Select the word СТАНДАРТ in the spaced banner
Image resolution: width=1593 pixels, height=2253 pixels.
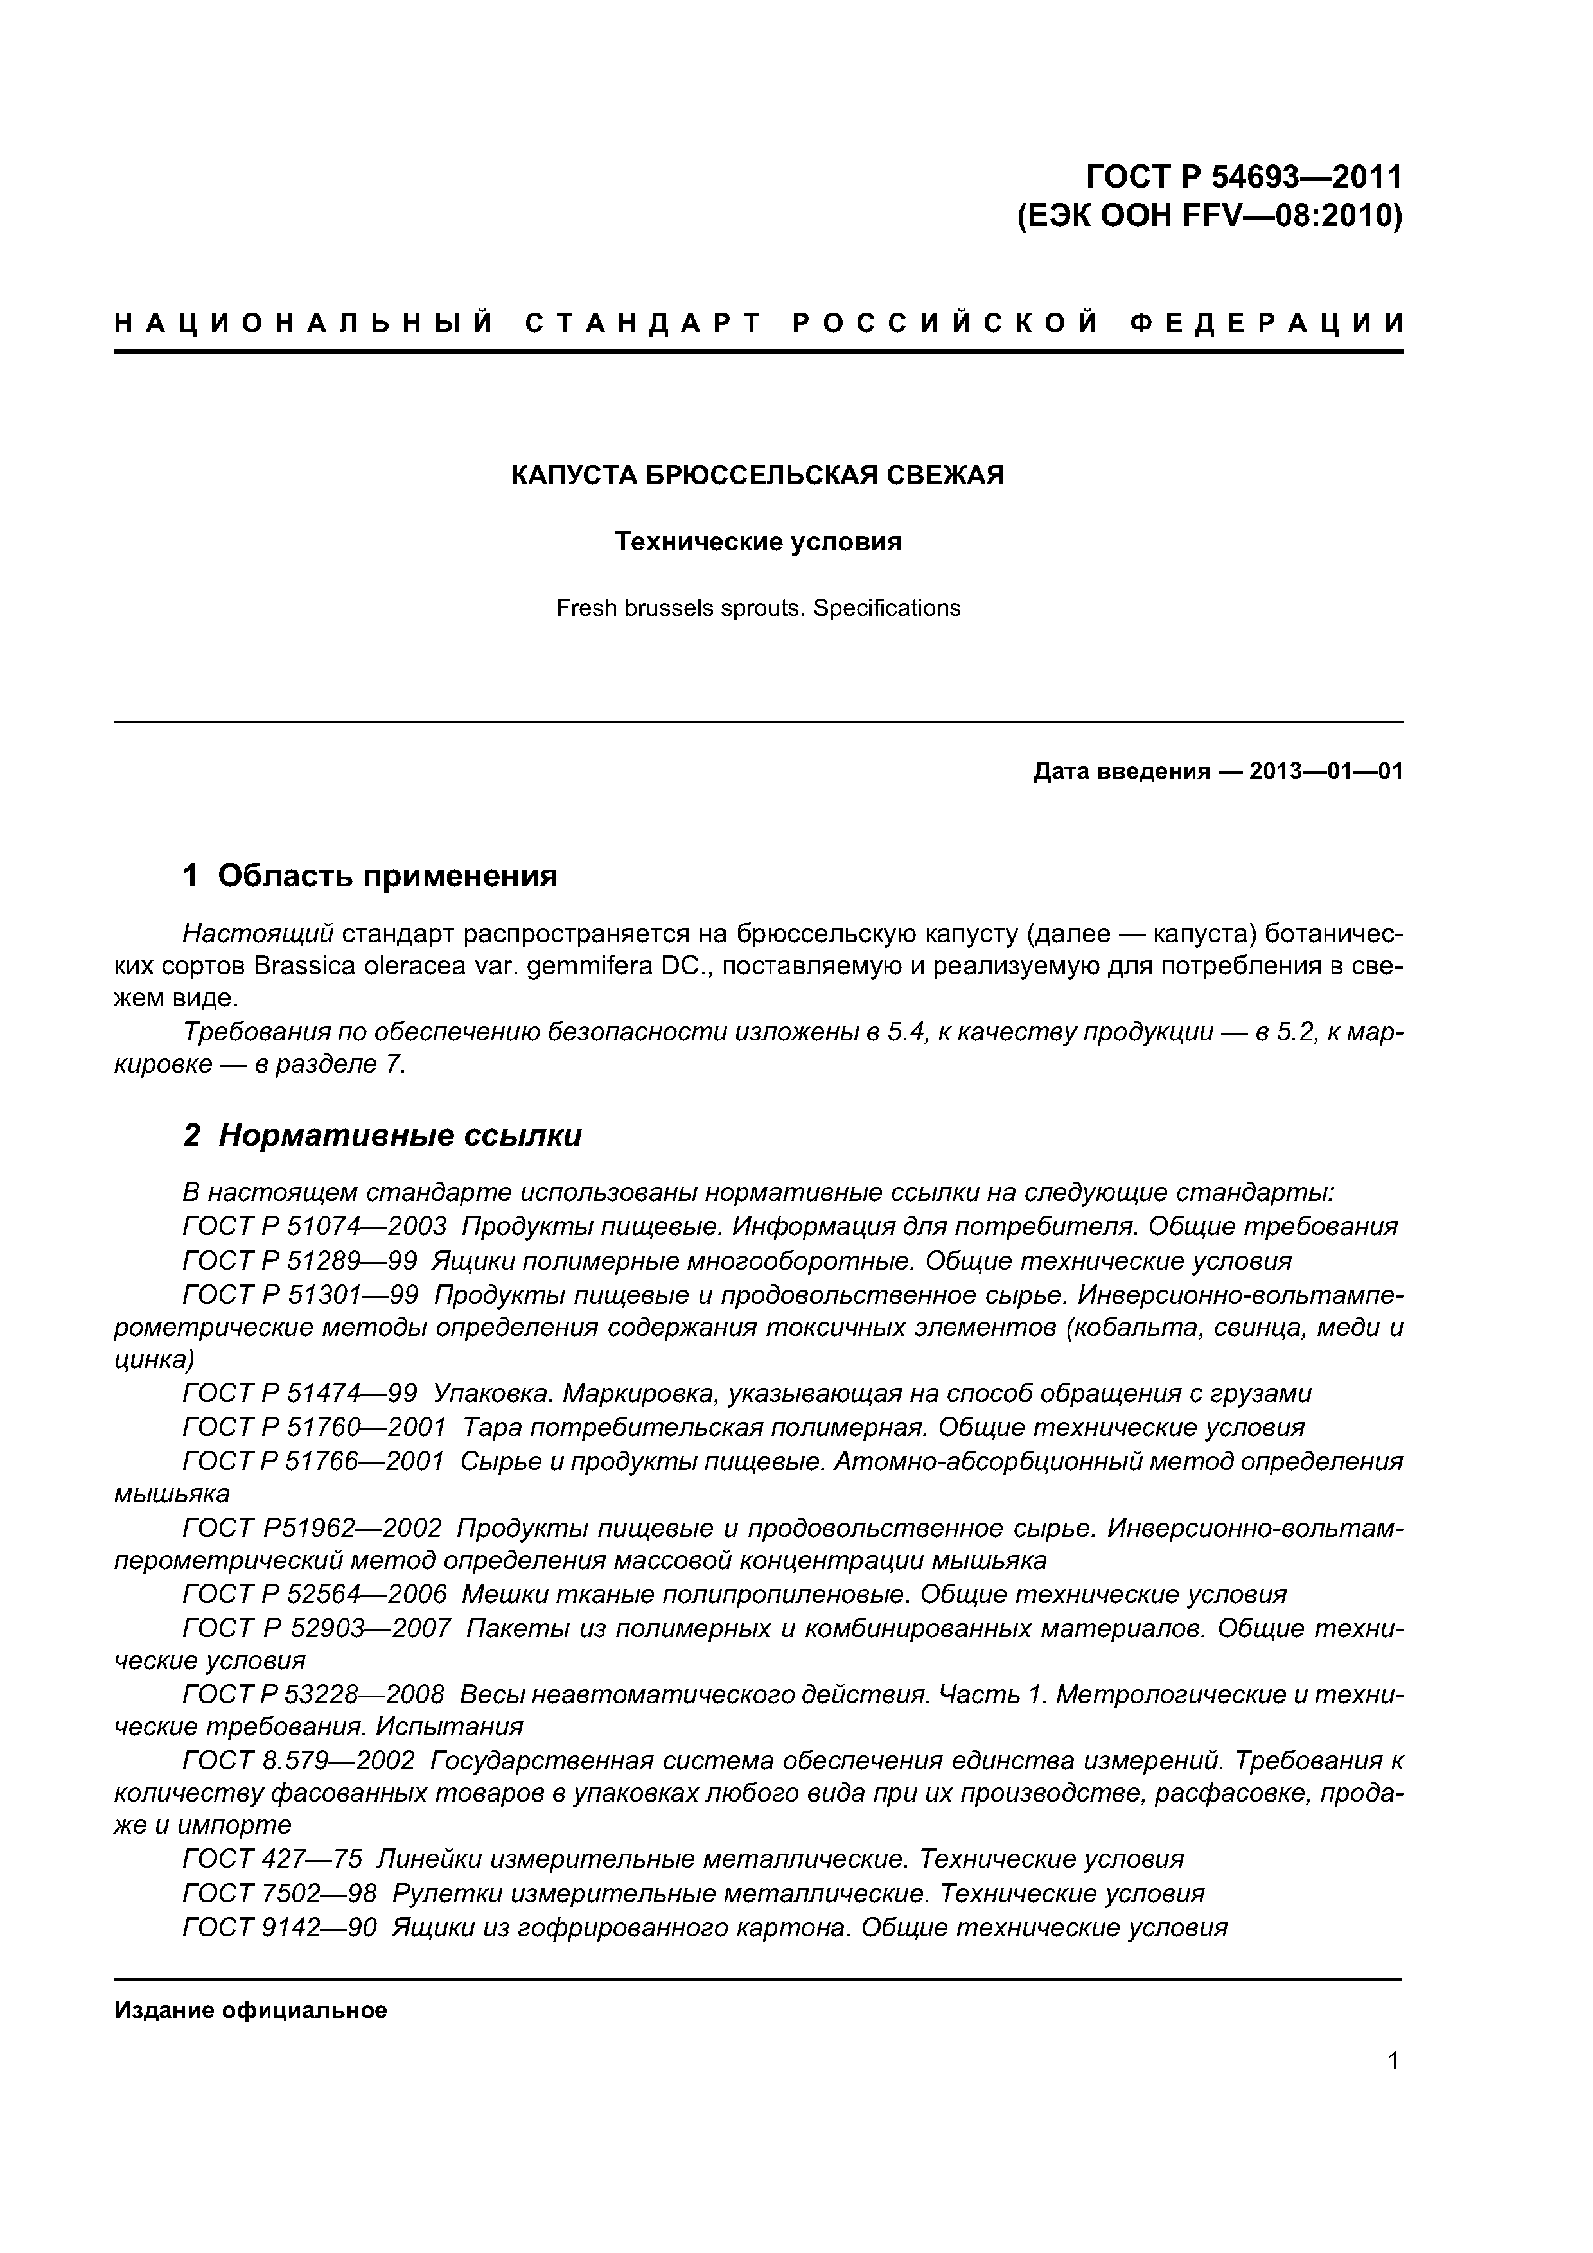(x=644, y=323)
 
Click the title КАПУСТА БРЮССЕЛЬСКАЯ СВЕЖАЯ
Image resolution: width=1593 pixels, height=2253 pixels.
(x=758, y=476)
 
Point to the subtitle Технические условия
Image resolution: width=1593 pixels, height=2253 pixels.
(x=758, y=541)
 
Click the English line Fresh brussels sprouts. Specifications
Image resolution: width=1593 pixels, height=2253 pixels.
(x=758, y=608)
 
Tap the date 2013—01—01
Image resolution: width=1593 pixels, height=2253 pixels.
(x=1326, y=771)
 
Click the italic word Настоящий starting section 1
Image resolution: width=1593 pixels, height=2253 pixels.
(x=258, y=932)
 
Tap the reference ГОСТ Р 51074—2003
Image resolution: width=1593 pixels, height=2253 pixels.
(x=314, y=1227)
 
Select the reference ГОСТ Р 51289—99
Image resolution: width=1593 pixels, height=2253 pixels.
(x=299, y=1261)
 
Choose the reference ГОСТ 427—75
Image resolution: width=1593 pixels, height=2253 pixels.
(x=272, y=1859)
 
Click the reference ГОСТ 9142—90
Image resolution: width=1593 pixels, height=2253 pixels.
(x=279, y=1928)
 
